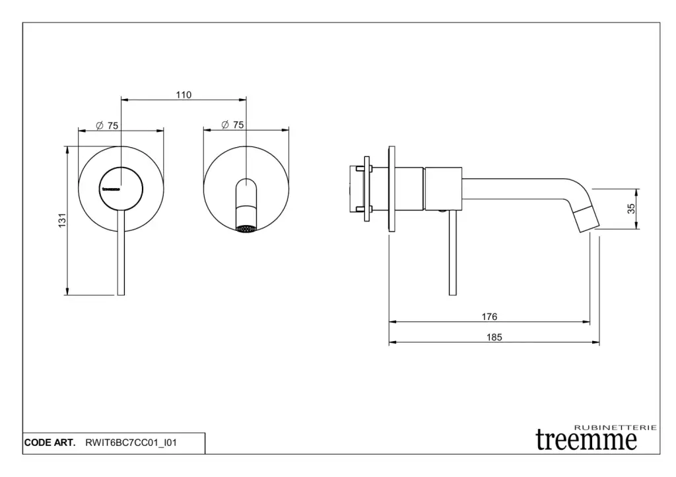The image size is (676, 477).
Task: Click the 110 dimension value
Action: point(184,95)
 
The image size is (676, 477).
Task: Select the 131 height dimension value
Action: point(61,221)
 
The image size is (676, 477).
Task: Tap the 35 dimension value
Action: point(631,208)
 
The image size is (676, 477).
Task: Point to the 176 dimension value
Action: point(489,317)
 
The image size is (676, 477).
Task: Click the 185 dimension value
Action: point(494,337)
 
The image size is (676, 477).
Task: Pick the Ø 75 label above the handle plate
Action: point(107,125)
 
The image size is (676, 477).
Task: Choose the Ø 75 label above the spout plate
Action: point(233,125)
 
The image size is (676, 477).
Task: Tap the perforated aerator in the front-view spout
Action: point(246,230)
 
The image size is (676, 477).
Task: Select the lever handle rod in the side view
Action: point(452,254)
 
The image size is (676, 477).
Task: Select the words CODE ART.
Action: point(50,443)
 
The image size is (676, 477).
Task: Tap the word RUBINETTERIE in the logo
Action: point(617,428)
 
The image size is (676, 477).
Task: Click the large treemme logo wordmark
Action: point(586,440)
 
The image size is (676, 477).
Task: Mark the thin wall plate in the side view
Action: point(392,189)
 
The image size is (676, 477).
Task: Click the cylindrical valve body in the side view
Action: point(443,189)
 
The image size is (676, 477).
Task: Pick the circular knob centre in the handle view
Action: point(121,187)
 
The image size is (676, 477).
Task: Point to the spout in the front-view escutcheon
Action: point(246,201)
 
